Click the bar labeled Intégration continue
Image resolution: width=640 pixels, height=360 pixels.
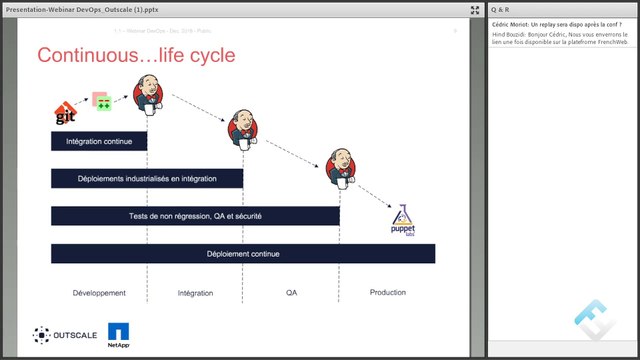click(99, 142)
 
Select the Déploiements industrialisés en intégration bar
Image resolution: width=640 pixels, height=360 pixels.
click(147, 179)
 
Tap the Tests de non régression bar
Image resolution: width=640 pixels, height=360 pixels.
click(195, 216)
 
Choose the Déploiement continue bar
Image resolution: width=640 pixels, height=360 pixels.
click(243, 254)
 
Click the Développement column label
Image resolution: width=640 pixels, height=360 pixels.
click(99, 293)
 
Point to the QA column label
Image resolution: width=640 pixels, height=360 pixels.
click(292, 293)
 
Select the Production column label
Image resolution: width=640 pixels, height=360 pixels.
click(387, 293)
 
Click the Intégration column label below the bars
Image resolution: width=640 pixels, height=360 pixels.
click(195, 293)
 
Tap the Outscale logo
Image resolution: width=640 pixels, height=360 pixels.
click(65, 334)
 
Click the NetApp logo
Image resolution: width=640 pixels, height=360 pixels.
click(119, 335)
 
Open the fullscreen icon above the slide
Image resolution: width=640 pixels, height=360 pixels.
click(474, 9)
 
